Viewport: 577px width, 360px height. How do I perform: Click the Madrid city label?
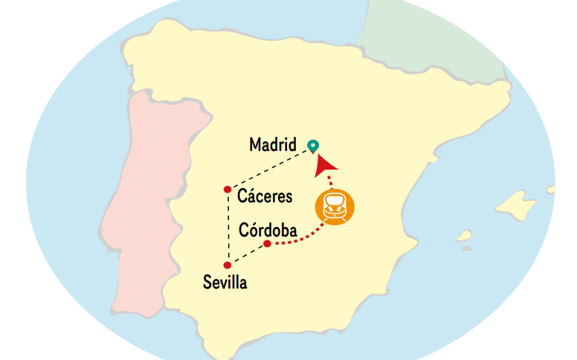tap(273, 144)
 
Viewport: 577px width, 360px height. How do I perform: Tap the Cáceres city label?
tap(264, 196)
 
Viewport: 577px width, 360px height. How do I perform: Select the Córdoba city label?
tap(268, 230)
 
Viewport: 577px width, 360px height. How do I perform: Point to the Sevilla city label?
tap(225, 283)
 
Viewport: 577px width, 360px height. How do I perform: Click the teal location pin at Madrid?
tap(314, 146)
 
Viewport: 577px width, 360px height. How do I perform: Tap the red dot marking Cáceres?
tap(228, 190)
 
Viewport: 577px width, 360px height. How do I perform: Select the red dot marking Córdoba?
tap(267, 244)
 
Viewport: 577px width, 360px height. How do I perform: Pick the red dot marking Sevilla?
tap(227, 265)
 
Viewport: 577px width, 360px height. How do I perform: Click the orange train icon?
tap(334, 206)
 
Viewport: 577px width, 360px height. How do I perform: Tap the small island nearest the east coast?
tap(465, 237)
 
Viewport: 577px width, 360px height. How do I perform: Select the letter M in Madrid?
tap(256, 144)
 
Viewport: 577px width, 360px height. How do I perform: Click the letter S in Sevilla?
tap(207, 283)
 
